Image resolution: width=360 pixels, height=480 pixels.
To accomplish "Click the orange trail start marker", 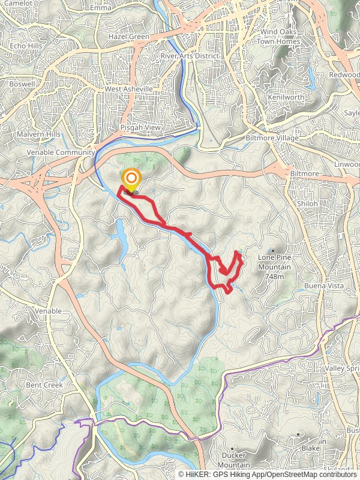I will (131, 179).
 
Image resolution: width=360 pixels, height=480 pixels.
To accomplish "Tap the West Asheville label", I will (128, 89).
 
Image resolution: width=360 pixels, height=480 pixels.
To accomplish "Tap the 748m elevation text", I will (274, 277).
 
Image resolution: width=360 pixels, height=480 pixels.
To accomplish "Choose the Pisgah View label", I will (140, 128).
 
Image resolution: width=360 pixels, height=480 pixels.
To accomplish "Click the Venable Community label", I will (61, 152).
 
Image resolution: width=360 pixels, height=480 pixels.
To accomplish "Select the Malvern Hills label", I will (38, 134).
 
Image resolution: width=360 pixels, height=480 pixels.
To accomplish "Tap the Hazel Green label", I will (128, 37).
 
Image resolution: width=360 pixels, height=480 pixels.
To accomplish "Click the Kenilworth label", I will (287, 97).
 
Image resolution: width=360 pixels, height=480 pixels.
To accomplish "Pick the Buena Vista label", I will (322, 286).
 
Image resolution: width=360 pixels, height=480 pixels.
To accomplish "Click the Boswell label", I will (22, 85).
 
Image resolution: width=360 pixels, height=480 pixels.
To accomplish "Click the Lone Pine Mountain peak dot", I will (274, 251).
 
